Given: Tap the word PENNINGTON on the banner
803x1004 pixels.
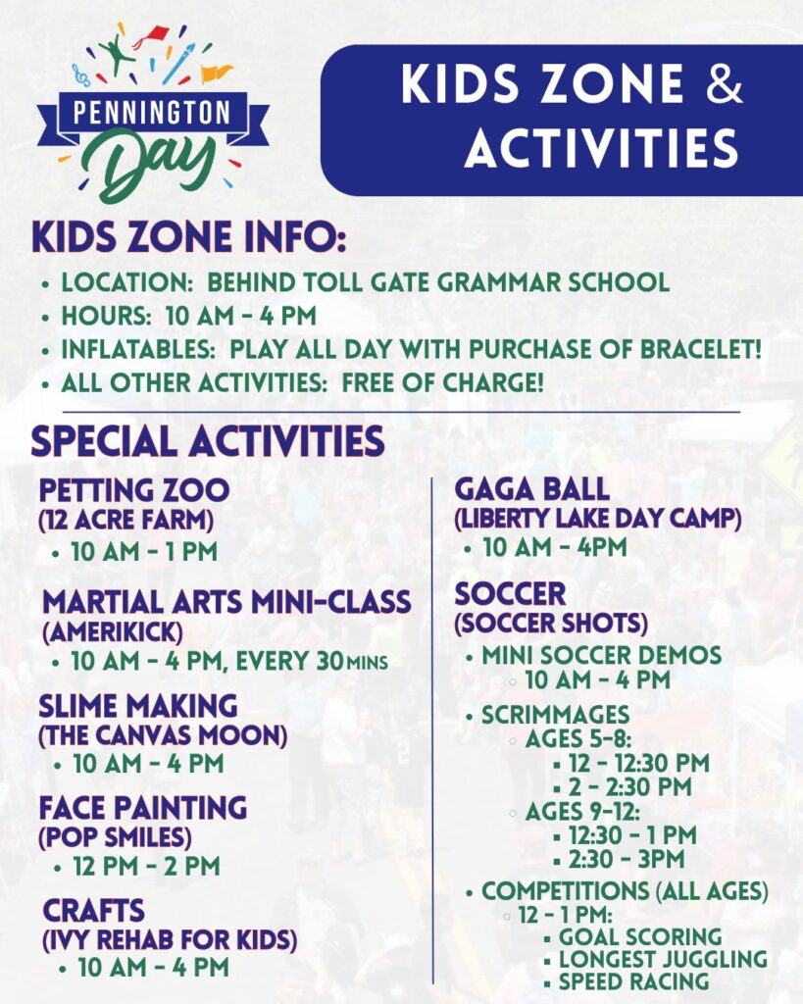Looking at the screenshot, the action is (152, 113).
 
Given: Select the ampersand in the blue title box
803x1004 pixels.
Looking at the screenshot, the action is (725, 84).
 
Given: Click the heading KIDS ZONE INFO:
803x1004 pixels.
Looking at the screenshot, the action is (189, 237).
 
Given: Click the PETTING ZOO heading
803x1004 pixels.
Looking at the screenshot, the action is (133, 490).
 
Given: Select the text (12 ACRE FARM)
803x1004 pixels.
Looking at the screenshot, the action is (126, 521).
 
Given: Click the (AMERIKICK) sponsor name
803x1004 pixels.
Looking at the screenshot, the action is (113, 632).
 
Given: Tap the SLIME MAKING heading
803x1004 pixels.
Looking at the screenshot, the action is (137, 706).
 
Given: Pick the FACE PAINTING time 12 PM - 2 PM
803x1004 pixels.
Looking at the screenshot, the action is (147, 867).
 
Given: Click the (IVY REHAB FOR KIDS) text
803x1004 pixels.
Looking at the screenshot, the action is (170, 940).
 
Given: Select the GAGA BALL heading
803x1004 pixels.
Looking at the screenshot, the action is (532, 490).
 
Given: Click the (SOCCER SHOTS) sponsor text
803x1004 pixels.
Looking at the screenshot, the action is (551, 624).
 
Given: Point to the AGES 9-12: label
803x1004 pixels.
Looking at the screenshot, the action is (582, 812).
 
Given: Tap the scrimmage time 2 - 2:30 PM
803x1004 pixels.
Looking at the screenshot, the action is (630, 787).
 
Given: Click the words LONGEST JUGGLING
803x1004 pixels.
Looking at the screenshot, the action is (663, 959).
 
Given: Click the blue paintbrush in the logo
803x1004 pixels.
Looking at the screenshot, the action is (178, 64).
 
